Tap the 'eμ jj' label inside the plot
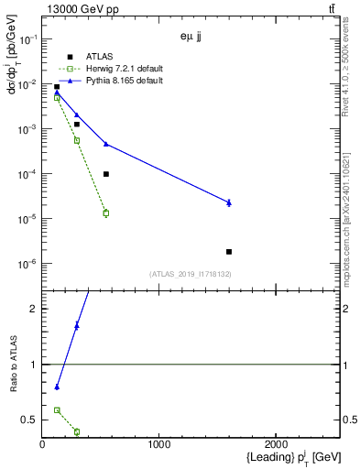(192, 38)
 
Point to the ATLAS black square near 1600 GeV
(229, 251)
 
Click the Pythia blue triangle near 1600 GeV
(229, 202)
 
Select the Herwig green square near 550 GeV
(106, 213)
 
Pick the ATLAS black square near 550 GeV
(106, 174)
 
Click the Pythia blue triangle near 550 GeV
(106, 144)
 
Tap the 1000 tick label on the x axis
(159, 445)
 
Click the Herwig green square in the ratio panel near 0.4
(76, 431)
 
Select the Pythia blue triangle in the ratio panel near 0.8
(57, 387)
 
